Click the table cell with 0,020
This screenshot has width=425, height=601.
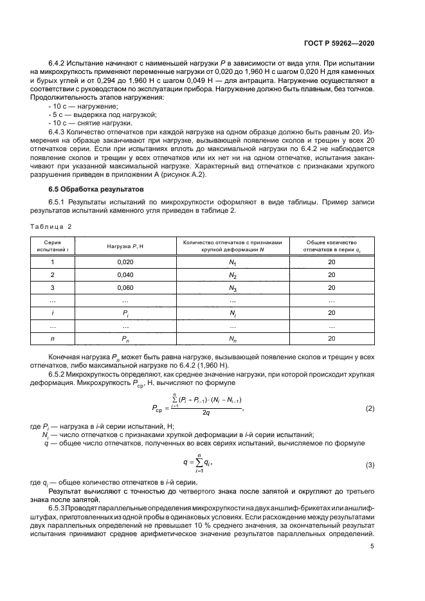point(125,262)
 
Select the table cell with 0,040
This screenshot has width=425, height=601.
point(125,274)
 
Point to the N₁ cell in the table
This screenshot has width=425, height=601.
point(233,262)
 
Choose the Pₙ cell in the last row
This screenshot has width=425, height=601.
point(125,338)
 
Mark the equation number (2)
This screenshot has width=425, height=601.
point(370,409)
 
